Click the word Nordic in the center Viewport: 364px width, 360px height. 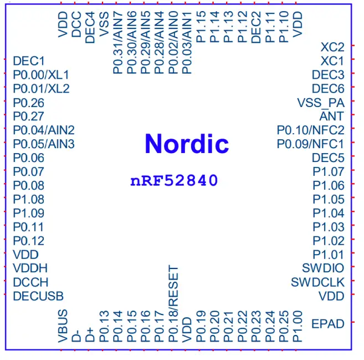click(x=186, y=144)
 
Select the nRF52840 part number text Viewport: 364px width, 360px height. click(x=173, y=181)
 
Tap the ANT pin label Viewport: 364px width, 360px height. click(x=331, y=116)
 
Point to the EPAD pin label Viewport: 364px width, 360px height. click(x=328, y=323)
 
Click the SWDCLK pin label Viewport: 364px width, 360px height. click(x=317, y=282)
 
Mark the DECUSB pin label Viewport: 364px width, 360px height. click(x=38, y=296)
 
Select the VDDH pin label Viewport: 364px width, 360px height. click(x=30, y=268)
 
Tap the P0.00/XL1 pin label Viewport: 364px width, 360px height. click(x=41, y=75)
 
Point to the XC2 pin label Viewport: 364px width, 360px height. click(x=332, y=47)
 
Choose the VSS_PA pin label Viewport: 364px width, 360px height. click(x=321, y=103)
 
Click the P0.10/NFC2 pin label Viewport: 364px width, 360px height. click(x=310, y=130)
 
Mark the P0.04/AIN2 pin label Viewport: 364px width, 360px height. click(x=44, y=130)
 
